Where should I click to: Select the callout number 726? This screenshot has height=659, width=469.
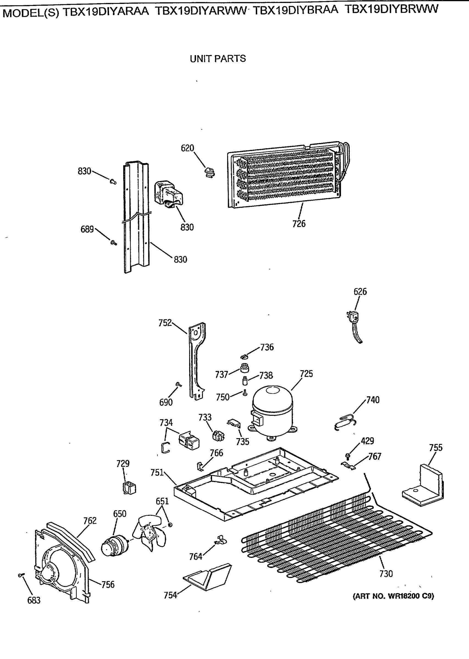[x=299, y=224]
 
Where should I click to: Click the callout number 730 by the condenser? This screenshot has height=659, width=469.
[x=386, y=574]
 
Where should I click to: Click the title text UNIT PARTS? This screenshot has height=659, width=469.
[x=218, y=58]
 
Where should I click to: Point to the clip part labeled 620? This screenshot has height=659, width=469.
[x=210, y=172]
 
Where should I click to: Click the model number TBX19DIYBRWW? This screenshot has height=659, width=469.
[x=391, y=9]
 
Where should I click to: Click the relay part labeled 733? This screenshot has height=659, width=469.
[x=218, y=436]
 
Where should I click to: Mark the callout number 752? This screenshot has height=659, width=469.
[x=165, y=323]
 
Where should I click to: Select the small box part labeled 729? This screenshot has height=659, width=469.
[x=129, y=488]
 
